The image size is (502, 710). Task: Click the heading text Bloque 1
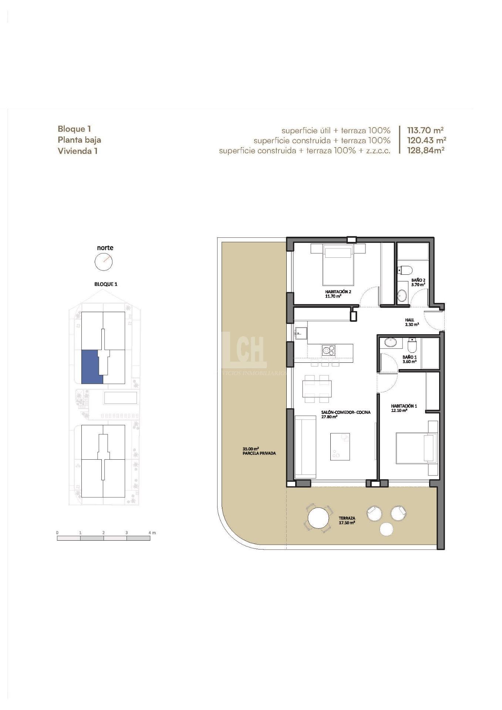[74, 129]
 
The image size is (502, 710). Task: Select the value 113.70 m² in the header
[425, 130]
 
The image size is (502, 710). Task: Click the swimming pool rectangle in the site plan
[121, 398]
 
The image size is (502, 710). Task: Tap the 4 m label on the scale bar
[152, 532]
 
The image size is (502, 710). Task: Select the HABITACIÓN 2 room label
[338, 291]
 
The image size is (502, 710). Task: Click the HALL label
[410, 320]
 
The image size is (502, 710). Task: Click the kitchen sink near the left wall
[301, 332]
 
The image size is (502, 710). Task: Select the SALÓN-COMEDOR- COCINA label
[346, 412]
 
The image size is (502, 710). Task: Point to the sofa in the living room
[306, 446]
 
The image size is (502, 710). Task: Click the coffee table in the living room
[340, 446]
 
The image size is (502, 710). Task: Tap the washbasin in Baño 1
[390, 342]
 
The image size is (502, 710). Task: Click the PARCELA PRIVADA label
[259, 453]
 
